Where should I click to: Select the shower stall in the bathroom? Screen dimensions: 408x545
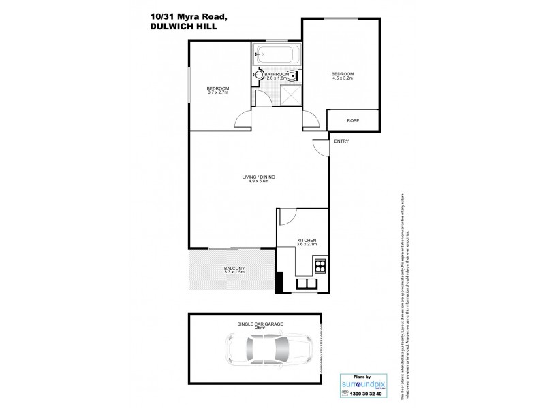tap(290, 95)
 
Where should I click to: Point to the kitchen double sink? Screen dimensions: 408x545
tap(307, 284)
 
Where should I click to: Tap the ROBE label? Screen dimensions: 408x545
tap(353, 120)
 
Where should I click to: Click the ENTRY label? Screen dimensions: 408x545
tap(340, 141)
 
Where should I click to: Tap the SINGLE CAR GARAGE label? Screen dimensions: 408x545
tap(255, 324)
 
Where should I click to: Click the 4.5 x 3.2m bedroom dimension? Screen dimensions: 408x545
tap(341, 78)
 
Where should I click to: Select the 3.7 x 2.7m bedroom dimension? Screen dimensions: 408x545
tap(218, 93)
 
